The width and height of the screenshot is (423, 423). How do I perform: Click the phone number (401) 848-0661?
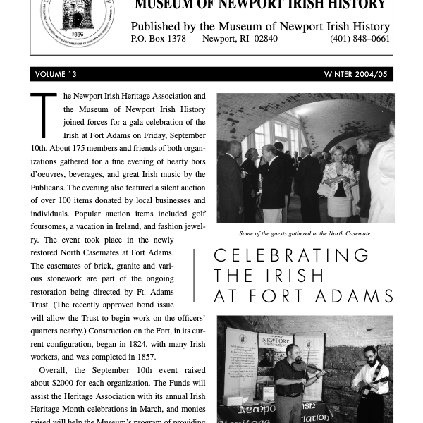point(360,39)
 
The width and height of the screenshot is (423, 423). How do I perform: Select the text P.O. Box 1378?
point(158,39)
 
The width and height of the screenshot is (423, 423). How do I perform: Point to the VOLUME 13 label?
point(56,74)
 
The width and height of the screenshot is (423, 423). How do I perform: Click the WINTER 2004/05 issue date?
point(355,74)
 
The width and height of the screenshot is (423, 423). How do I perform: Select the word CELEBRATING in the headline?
point(292,255)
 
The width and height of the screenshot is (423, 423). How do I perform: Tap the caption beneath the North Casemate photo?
point(305,233)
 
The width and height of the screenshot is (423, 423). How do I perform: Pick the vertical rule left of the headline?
point(194,275)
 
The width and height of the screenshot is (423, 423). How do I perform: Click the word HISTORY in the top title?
point(362,6)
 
